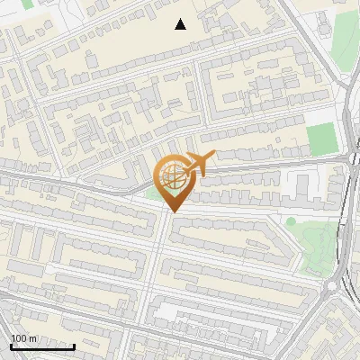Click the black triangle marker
coord(180,24)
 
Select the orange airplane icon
coord(200,165)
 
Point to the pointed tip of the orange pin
coord(172,211)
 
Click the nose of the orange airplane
coord(214,157)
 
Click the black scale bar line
coord(42,346)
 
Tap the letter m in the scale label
coord(32,338)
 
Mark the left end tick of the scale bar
coord(11,346)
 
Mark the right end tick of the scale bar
coord(74,346)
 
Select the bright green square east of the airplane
coord(319,139)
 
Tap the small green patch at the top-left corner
coord(27,4)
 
